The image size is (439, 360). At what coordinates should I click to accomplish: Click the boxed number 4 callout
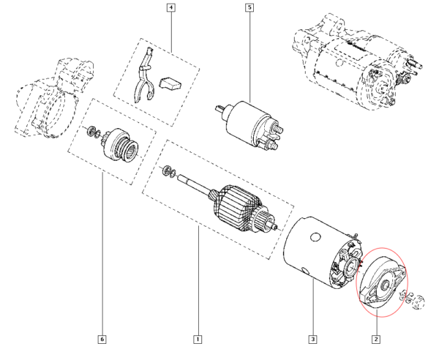point(170,7)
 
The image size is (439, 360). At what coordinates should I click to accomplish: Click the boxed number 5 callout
point(249,7)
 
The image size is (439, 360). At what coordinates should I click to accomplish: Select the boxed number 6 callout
point(102,340)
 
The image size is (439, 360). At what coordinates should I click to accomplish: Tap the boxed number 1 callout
point(198,340)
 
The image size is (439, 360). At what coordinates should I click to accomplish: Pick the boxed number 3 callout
point(312,340)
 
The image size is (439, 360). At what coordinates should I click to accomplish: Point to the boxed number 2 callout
point(376,340)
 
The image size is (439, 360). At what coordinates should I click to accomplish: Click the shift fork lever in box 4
point(143,75)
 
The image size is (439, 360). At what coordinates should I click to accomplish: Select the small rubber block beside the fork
point(170,83)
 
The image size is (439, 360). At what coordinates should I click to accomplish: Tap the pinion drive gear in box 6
point(121,146)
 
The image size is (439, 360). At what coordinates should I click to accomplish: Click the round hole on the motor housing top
point(315,237)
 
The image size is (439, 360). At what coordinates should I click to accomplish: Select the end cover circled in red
point(383,282)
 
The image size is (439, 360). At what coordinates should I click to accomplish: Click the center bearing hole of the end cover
point(385,285)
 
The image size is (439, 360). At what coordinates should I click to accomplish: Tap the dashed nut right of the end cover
point(419,302)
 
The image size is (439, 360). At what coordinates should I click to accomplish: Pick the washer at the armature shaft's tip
point(167,170)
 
